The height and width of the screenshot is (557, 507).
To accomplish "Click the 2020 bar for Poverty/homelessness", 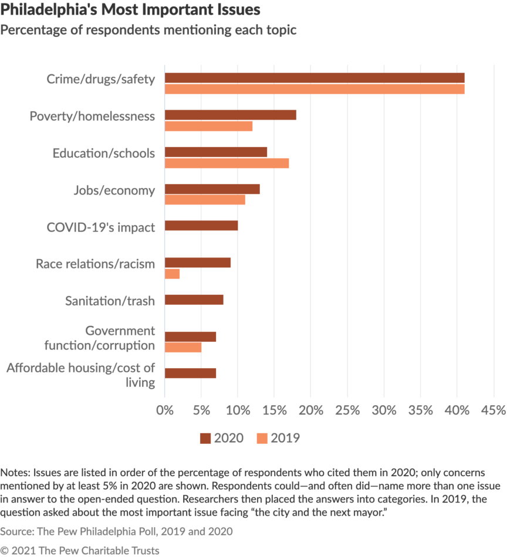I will pyautogui.click(x=230, y=115).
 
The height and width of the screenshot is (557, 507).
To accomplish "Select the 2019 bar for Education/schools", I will pyautogui.click(x=227, y=163).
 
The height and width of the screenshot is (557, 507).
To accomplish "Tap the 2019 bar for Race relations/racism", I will pyautogui.click(x=172, y=274).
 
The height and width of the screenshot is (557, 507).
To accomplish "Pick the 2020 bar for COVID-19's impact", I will pyautogui.click(x=201, y=226).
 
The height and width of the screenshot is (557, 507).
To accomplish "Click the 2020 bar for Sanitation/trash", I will pyautogui.click(x=194, y=300).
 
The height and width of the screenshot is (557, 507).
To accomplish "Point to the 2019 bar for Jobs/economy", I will pyautogui.click(x=205, y=200).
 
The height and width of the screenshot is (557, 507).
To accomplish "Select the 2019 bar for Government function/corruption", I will pyautogui.click(x=183, y=348).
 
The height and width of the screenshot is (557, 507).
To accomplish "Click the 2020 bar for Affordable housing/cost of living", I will pyautogui.click(x=190, y=373).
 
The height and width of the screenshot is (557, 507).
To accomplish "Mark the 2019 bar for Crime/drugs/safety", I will pyautogui.click(x=315, y=89).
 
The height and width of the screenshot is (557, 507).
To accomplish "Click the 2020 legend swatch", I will pyautogui.click(x=205, y=438).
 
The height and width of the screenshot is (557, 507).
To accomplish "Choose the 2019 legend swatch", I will pyautogui.click(x=261, y=438).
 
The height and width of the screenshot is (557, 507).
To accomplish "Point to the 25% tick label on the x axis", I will pyautogui.click(x=347, y=410).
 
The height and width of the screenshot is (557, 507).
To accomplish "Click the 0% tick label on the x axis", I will pyautogui.click(x=165, y=410).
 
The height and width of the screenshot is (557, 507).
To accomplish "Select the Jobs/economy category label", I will pyautogui.click(x=114, y=190).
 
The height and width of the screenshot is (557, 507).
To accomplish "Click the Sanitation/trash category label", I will pyautogui.click(x=110, y=301).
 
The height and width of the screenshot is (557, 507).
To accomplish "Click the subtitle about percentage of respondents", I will pyautogui.click(x=148, y=30).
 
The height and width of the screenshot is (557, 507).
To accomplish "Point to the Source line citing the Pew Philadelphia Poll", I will pyautogui.click(x=117, y=532).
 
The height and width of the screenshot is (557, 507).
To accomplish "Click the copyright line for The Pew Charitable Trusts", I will pyautogui.click(x=80, y=550).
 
